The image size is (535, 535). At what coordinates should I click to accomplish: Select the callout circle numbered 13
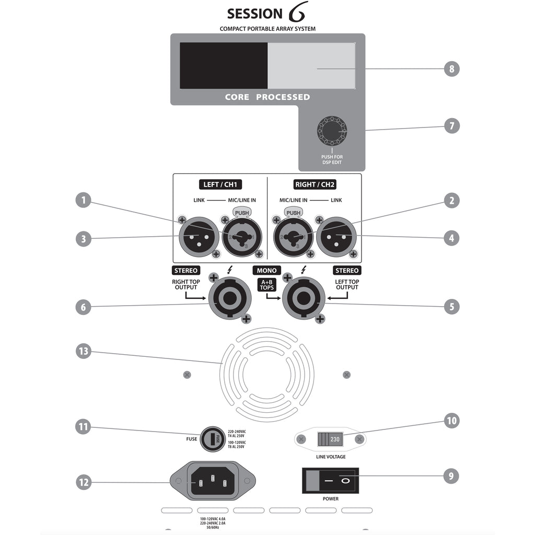[x=83, y=352]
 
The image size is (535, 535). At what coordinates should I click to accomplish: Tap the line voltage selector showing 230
[x=330, y=439]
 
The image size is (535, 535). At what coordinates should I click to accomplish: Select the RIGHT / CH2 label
[x=313, y=184]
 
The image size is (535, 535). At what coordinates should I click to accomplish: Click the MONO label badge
[x=266, y=270]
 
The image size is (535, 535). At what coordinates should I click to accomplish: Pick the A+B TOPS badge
[x=266, y=285]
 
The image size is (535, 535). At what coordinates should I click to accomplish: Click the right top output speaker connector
[x=230, y=299]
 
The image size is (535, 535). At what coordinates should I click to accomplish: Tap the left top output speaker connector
[x=304, y=299]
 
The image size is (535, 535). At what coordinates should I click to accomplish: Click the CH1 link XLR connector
[x=196, y=237]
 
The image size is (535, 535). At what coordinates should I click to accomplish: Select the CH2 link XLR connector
[x=338, y=237]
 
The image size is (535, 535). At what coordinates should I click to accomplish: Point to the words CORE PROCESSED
[x=267, y=97]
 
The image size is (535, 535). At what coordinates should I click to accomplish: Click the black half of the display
[x=224, y=66]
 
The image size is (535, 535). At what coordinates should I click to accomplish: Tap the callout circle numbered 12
[x=83, y=482]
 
